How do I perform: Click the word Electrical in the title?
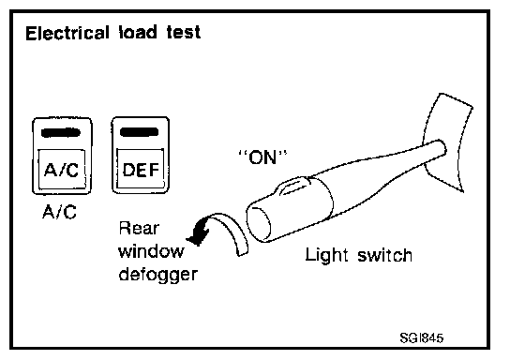(x=67, y=33)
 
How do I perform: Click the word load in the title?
(x=138, y=33)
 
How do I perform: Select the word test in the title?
(x=184, y=33)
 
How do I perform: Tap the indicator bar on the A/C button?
(x=61, y=133)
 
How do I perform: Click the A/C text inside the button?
(x=62, y=170)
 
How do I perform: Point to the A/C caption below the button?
(x=59, y=212)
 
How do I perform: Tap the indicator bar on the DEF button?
(x=140, y=132)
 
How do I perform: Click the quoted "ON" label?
(x=262, y=157)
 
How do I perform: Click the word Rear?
(x=139, y=229)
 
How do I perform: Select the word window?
(x=151, y=251)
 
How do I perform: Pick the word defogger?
(x=158, y=275)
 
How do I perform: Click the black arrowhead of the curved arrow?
(x=199, y=232)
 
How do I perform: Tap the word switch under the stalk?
(x=385, y=255)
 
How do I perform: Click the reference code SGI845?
(x=422, y=337)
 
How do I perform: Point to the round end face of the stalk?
(x=259, y=223)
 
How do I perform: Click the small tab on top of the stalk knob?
(x=293, y=187)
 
